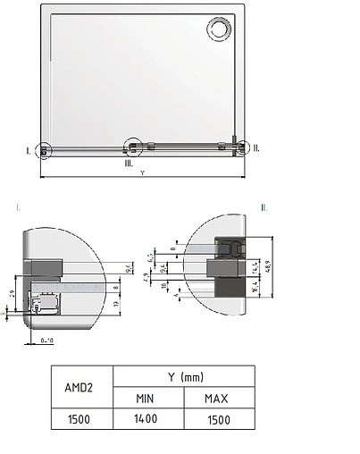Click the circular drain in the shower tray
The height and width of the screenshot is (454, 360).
pos(219,31)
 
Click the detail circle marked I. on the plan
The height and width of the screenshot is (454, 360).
pos(45,150)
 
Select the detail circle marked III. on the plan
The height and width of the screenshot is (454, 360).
pos(133,145)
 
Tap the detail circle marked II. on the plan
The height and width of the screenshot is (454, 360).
pos(237,147)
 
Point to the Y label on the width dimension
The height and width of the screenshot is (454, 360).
pos(142,173)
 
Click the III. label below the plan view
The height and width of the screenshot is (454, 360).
pos(129,163)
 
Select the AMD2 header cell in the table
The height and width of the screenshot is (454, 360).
pos(80,387)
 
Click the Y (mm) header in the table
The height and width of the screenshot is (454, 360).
pos(183,377)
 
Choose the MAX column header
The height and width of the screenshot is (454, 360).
pos(218,398)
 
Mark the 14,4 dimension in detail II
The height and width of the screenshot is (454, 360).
pos(255,265)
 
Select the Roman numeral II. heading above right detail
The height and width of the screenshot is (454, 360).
pos(264,206)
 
